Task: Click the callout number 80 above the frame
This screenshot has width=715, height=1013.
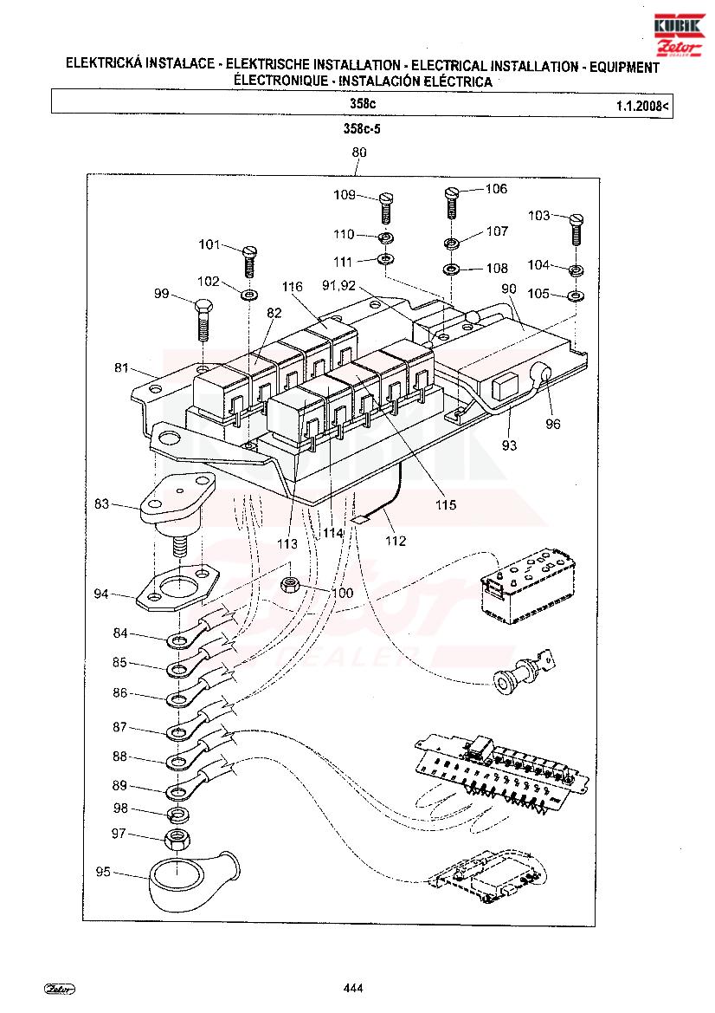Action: click(358, 153)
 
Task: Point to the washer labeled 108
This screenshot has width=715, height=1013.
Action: click(452, 268)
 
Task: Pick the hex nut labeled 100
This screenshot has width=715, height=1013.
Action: click(290, 585)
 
